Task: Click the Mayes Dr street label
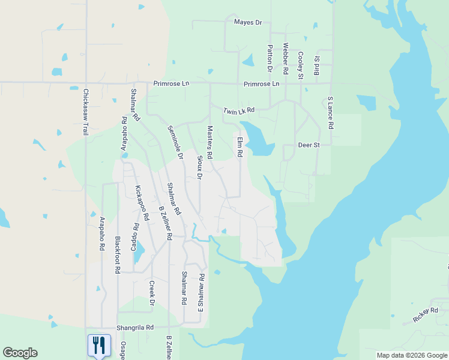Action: [x=249, y=22]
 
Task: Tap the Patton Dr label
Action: [x=270, y=59]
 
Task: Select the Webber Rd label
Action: [x=286, y=58]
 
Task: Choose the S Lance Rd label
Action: [x=330, y=113]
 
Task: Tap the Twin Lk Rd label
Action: [x=239, y=111]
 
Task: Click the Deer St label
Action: [x=310, y=145]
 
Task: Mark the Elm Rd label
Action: [x=239, y=147]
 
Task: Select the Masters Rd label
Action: [x=209, y=142]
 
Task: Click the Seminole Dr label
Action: [x=175, y=142]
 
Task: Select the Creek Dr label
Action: [x=152, y=293]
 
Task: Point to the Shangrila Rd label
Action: [x=136, y=328]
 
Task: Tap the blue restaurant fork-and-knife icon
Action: [x=99, y=345]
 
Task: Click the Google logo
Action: [x=20, y=353]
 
